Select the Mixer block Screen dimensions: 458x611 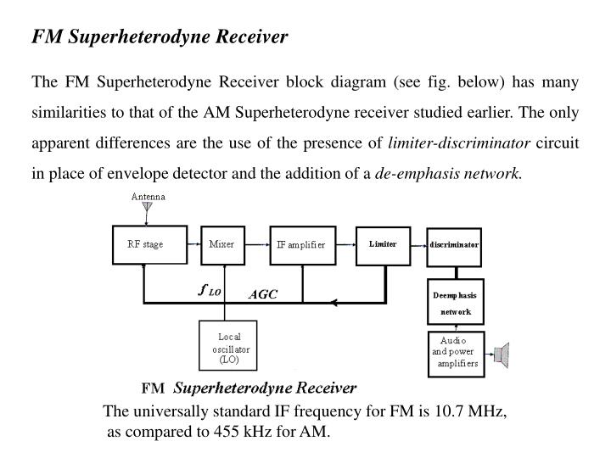tap(222, 244)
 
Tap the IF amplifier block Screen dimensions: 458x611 tap(302, 245)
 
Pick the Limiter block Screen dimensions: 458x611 tap(383, 244)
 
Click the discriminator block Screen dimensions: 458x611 tap(454, 245)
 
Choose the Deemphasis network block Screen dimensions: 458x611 tap(454, 303)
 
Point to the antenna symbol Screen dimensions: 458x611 tap(148, 206)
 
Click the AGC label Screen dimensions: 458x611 tap(262, 295)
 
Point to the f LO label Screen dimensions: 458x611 tap(209, 290)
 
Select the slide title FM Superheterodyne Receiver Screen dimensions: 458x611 tap(160, 36)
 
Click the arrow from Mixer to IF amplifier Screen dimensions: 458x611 tap(257, 245)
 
